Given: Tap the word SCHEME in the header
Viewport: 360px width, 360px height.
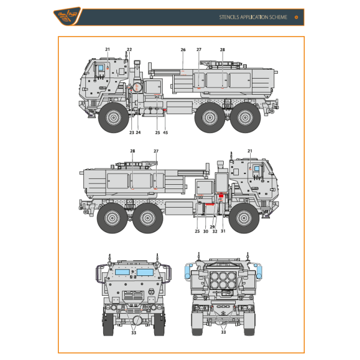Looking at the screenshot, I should click(275, 17).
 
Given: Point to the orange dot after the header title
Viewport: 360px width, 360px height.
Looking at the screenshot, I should click(296, 17).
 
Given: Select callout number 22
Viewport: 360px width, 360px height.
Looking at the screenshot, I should click(129, 49).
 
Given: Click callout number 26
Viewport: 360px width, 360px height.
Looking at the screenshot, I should click(183, 49).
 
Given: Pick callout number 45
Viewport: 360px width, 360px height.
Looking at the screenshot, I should click(166, 132).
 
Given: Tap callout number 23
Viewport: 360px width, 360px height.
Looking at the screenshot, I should click(131, 132).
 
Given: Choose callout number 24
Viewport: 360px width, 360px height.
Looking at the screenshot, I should click(138, 132).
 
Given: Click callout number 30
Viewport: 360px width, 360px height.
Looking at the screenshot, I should click(205, 231).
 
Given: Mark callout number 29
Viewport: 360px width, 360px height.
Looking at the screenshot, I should click(212, 227).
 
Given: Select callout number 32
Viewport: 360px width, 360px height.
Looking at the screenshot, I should click(214, 231).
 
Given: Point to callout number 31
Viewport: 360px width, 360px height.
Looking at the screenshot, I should click(223, 231).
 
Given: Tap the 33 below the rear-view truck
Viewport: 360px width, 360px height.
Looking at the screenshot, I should click(223, 332).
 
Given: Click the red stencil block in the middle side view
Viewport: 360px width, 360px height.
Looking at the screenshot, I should click(221, 196).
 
